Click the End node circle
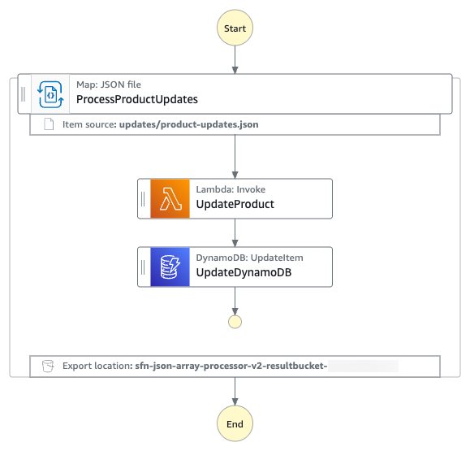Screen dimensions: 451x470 [x=234, y=423]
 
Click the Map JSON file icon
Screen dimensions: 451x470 [x=50, y=94]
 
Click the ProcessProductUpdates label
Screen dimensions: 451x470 [x=136, y=100]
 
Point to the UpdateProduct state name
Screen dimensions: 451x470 [x=235, y=204]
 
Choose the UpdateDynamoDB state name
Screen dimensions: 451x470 [x=244, y=272]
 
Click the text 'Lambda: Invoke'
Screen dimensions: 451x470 [x=231, y=189]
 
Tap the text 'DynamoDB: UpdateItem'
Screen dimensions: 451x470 [x=249, y=258]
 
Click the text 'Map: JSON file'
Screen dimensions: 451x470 [x=110, y=85]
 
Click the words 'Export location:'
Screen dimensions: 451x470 [x=97, y=366]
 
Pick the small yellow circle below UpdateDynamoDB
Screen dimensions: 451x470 [x=235, y=321]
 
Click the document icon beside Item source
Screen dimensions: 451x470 [x=49, y=125]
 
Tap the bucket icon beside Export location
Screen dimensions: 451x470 [x=49, y=366]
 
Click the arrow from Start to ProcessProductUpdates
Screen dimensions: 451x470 [x=235, y=59]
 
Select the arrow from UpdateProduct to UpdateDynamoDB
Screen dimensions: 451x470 [x=235, y=232]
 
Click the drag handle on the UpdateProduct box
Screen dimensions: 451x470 [x=144, y=198]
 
